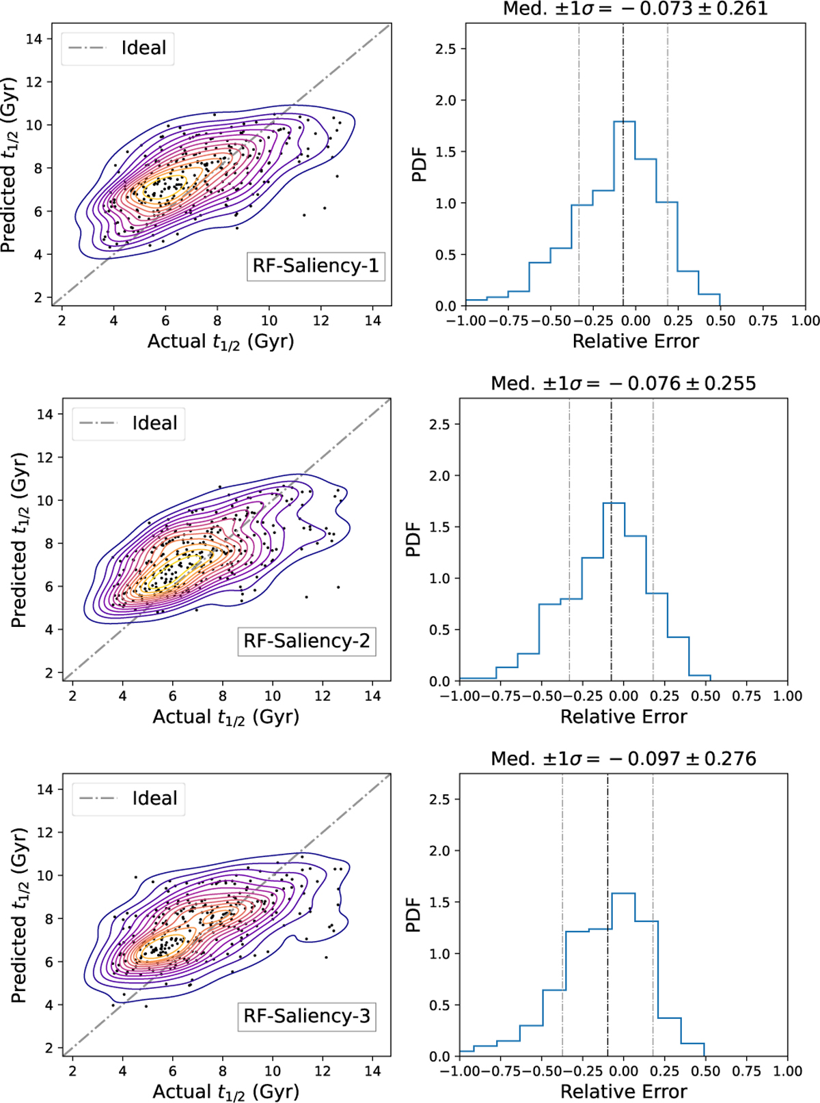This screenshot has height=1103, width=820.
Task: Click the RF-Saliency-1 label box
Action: pyautogui.click(x=316, y=266)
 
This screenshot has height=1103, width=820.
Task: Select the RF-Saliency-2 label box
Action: pyautogui.click(x=307, y=641)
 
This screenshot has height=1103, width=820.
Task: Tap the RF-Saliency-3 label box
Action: pyautogui.click(x=307, y=1016)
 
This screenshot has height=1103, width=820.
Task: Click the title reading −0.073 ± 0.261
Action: pyautogui.click(x=635, y=9)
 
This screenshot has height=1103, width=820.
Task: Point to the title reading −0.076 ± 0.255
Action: pyautogui.click(x=623, y=383)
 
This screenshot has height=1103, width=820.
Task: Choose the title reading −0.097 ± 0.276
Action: pyautogui.click(x=623, y=759)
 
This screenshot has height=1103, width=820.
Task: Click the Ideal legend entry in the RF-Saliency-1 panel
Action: pyautogui.click(x=118, y=48)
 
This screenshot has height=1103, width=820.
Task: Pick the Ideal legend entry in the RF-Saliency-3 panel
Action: pyautogui.click(x=128, y=798)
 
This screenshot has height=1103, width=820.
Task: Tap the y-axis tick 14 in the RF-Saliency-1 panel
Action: pyautogui.click(x=34, y=39)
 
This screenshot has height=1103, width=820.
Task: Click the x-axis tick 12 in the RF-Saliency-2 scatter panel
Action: pyautogui.click(x=323, y=696)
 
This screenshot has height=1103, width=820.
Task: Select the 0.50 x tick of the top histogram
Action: pyautogui.click(x=720, y=321)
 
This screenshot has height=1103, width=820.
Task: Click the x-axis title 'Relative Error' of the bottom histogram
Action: pyautogui.click(x=623, y=1091)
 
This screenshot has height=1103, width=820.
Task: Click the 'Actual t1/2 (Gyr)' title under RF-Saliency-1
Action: pyautogui.click(x=221, y=341)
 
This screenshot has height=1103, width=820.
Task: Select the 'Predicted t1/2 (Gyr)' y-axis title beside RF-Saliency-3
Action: pyautogui.click(x=19, y=915)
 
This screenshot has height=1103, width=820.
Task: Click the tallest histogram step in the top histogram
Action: pyautogui.click(x=625, y=122)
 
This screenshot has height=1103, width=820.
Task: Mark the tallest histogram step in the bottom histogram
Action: pyautogui.click(x=623, y=893)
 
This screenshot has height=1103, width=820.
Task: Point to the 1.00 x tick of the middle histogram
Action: pyautogui.click(x=787, y=696)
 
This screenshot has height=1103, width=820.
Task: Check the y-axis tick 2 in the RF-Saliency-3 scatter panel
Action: pyautogui.click(x=48, y=1048)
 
